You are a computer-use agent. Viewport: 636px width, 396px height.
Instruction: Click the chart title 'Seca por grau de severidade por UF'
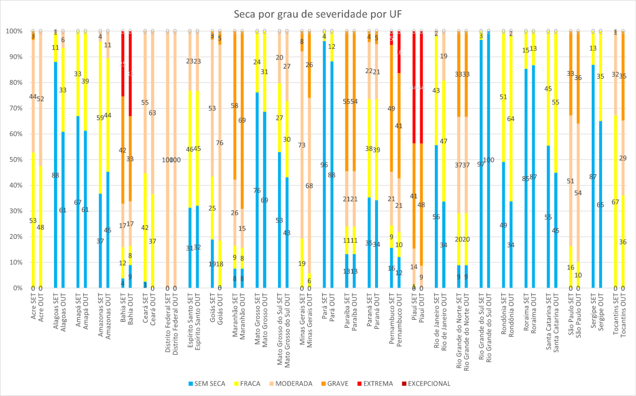317,14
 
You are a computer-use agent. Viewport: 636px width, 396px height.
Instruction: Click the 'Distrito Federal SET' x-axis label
168,323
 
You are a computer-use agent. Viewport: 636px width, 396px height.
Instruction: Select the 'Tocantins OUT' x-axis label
623,315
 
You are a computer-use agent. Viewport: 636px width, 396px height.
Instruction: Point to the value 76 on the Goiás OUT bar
220,143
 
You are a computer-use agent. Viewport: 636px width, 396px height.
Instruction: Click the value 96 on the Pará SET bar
324,165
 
